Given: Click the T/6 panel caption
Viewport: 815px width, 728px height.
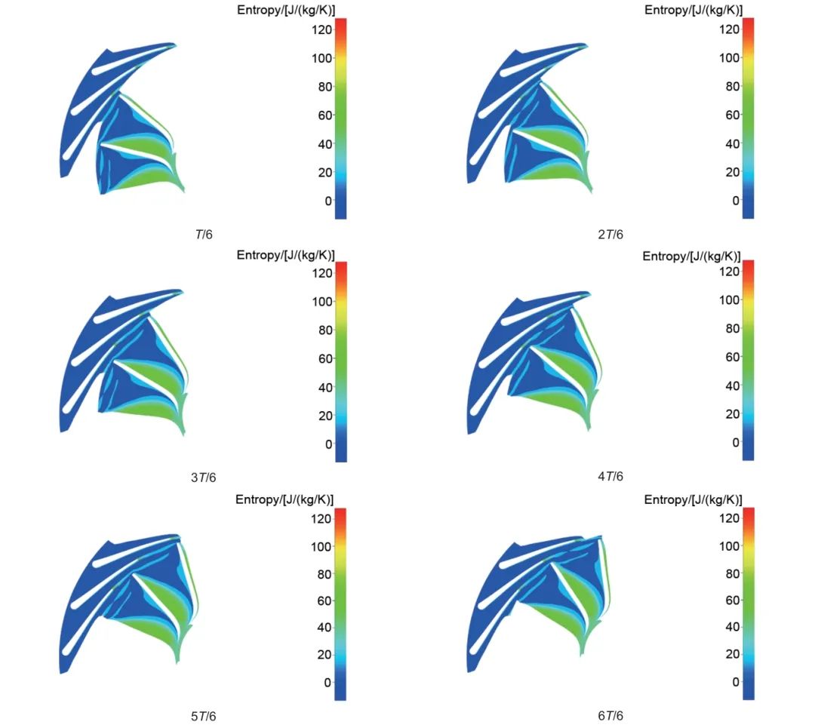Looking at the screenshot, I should (x=204, y=235).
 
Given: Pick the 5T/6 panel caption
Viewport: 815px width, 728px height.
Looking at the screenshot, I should (x=204, y=716).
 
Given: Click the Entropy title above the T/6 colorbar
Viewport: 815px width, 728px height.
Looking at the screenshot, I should (x=286, y=10).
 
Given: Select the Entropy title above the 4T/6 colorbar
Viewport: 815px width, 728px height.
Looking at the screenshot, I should (x=692, y=256).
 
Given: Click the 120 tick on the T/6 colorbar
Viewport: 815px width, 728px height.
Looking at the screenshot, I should (x=320, y=29).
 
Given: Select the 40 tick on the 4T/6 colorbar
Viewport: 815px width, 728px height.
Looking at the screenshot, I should (x=730, y=386).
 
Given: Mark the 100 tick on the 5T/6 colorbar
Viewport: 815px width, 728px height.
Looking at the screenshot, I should (x=320, y=546).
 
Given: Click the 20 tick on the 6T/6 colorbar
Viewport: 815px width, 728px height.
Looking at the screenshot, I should (x=730, y=654).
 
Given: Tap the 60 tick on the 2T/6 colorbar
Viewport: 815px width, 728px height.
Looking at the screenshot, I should (x=730, y=115).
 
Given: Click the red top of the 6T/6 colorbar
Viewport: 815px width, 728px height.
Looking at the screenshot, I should (x=749, y=512).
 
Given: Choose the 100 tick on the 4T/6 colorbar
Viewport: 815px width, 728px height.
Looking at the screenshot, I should (x=727, y=299).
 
